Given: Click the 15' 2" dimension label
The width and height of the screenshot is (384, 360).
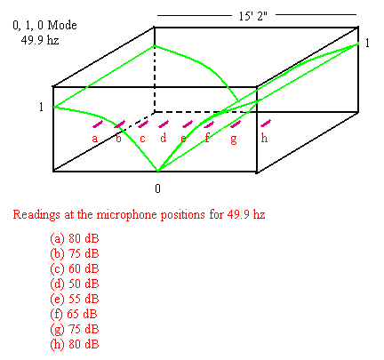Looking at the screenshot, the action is (253, 16).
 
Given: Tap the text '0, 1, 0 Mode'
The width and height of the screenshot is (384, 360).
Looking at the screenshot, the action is (44, 26).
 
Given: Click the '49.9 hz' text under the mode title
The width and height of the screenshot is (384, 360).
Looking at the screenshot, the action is (40, 40).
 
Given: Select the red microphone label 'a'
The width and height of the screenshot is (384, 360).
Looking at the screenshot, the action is (95, 139).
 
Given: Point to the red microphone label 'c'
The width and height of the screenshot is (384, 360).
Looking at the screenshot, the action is (142, 139).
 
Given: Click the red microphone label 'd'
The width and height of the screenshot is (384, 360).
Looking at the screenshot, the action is (164, 138).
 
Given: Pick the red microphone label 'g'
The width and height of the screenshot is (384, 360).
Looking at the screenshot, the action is (234, 140).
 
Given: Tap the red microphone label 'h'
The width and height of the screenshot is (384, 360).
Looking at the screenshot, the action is (264, 138).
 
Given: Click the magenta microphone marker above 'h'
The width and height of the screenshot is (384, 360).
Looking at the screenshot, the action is (266, 123).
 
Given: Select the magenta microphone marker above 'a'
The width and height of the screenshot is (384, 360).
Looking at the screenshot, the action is (98, 124).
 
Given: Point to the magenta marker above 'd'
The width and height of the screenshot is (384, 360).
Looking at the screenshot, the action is (164, 124).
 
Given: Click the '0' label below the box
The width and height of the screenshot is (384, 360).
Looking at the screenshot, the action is (157, 188).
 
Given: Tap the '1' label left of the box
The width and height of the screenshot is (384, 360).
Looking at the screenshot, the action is (41, 107).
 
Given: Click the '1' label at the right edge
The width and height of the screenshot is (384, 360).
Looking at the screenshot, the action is (367, 44).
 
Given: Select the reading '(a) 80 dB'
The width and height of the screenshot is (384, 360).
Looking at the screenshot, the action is (75, 238).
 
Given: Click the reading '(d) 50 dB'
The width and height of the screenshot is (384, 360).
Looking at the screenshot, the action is (75, 284).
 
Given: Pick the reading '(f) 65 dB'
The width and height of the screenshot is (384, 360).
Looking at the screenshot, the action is (74, 314).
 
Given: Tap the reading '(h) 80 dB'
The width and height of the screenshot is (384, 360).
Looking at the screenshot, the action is (75, 344).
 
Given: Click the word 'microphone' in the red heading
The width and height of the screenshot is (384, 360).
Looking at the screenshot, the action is (127, 215).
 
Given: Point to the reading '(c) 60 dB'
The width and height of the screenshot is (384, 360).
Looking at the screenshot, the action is (75, 268).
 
